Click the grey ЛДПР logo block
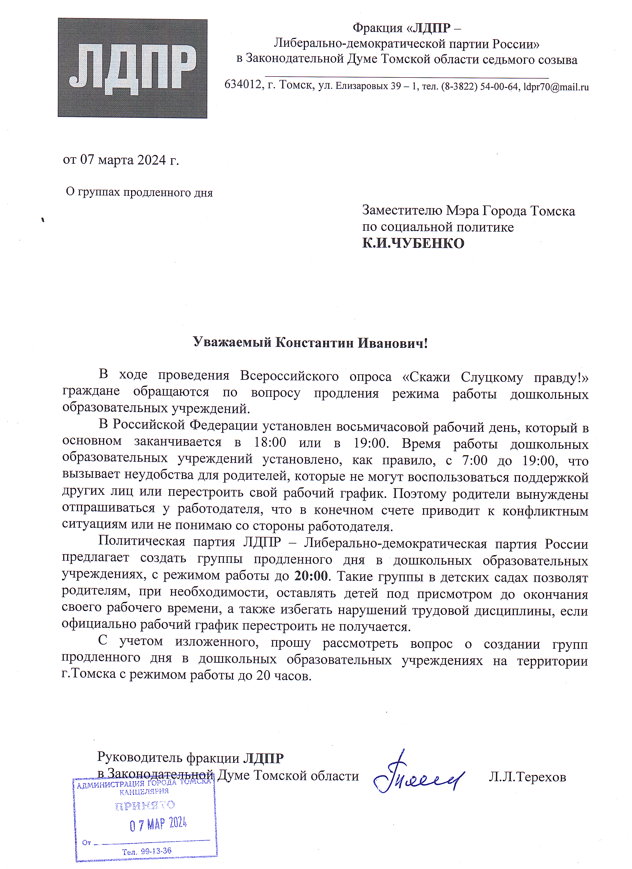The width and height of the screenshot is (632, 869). point(132,68)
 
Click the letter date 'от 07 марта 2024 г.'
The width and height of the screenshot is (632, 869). point(121,159)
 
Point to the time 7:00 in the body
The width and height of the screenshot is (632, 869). point(475,460)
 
